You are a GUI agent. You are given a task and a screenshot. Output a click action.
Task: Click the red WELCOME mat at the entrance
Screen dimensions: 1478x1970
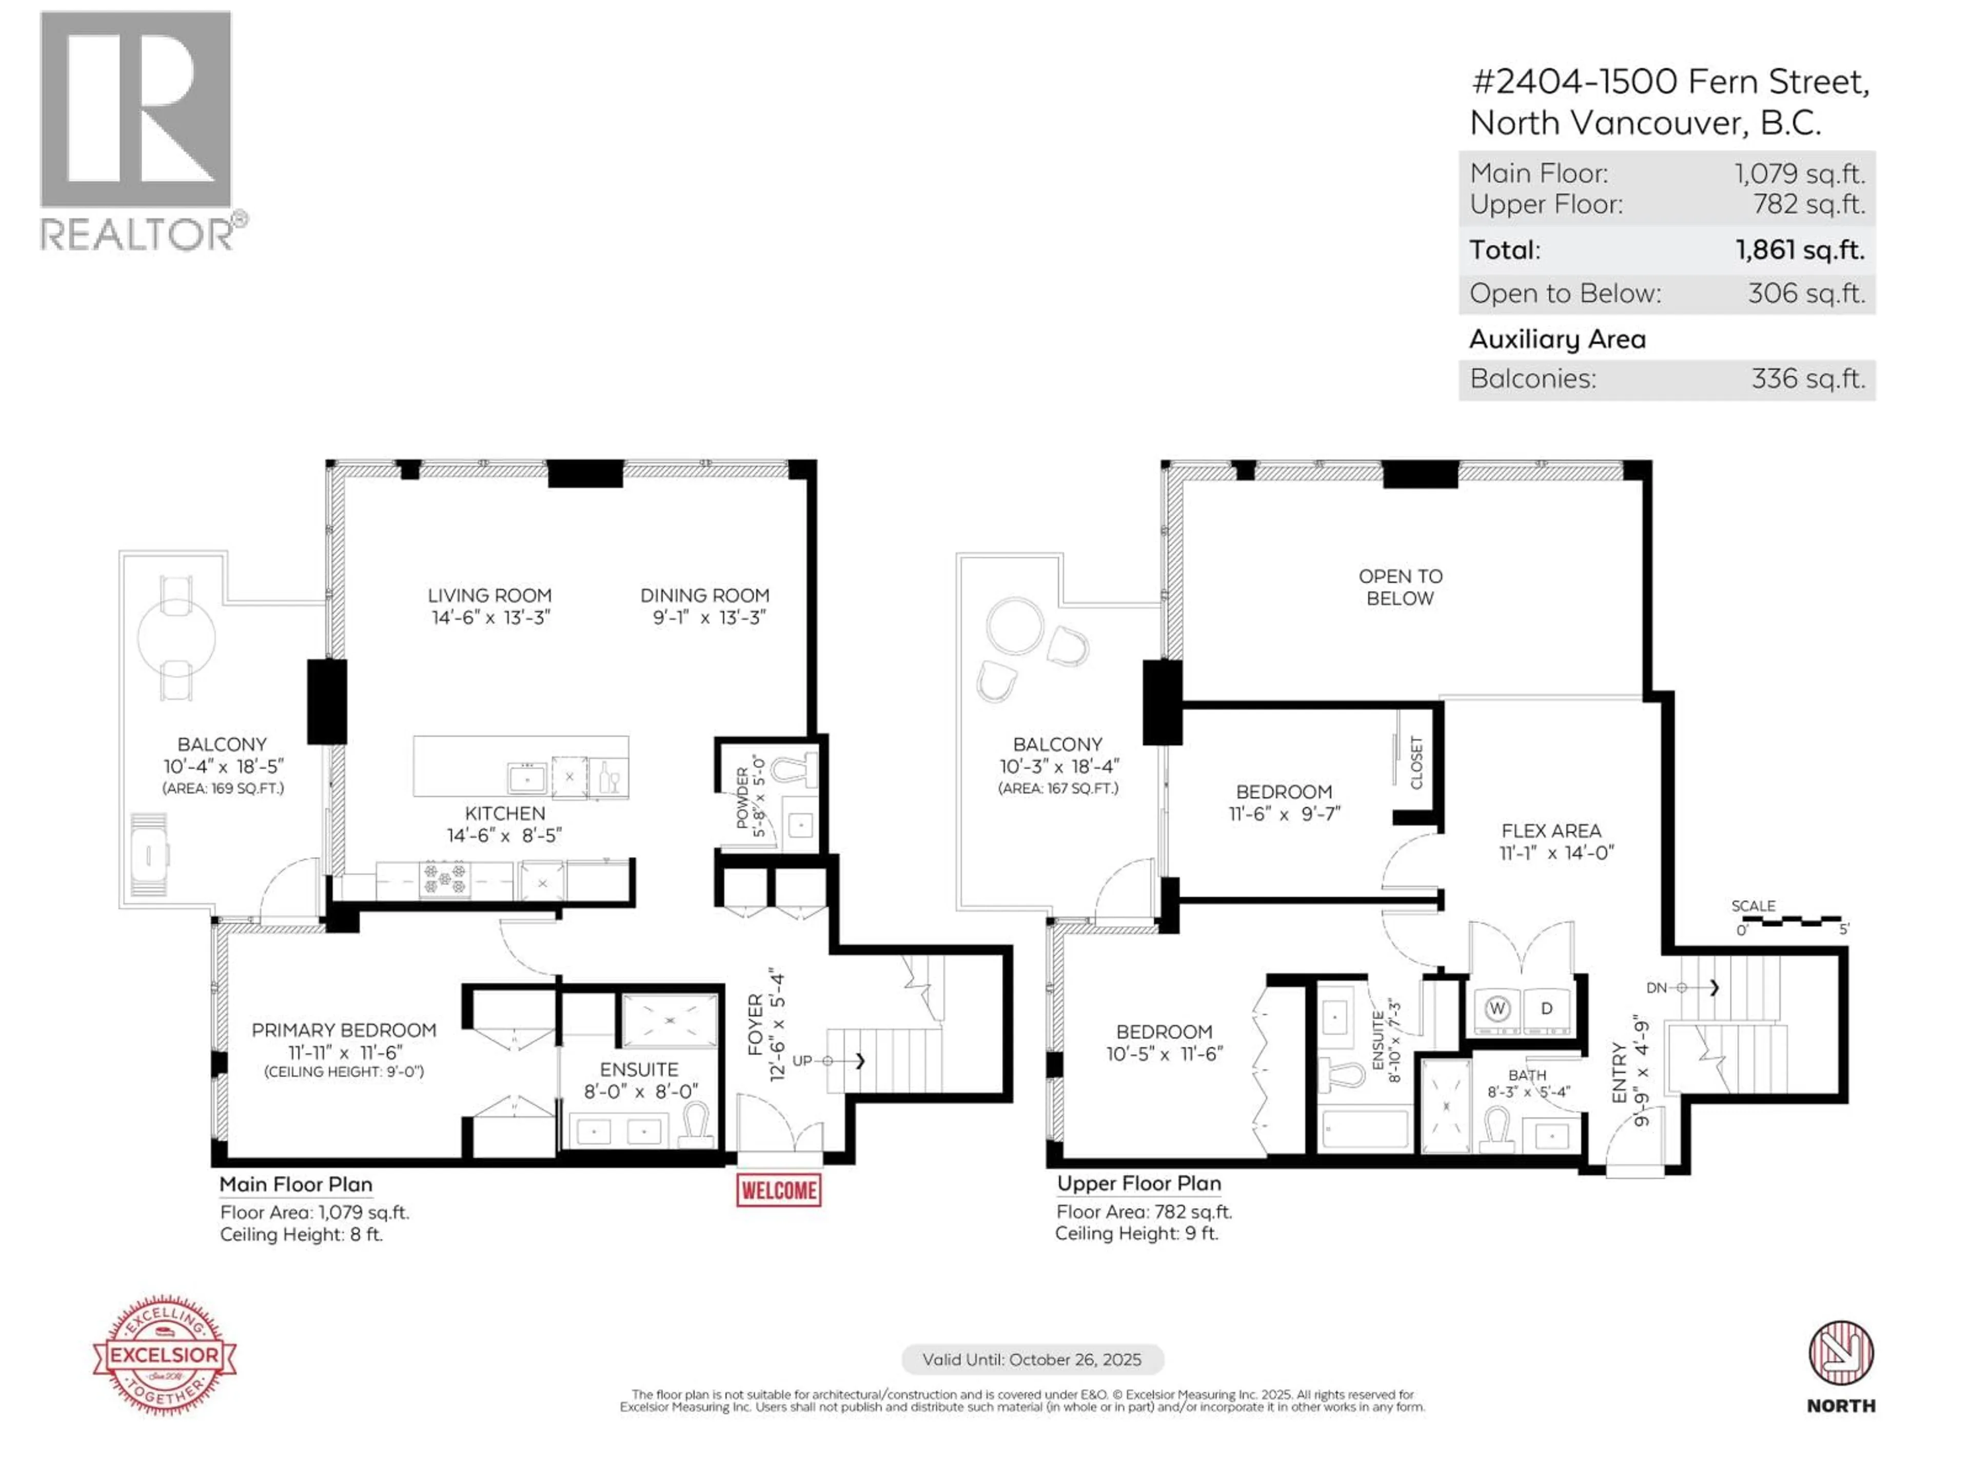click(x=778, y=1190)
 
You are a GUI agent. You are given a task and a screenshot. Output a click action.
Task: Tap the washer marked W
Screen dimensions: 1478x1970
click(x=1497, y=1008)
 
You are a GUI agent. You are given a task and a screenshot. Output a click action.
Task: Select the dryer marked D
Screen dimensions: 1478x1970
click(x=1547, y=1008)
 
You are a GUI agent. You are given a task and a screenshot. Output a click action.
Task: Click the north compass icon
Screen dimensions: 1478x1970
click(x=1840, y=1353)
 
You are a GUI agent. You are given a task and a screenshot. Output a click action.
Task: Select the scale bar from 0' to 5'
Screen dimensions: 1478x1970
click(x=1790, y=920)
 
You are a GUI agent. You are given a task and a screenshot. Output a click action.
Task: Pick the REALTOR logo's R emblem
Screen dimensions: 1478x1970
click(x=136, y=110)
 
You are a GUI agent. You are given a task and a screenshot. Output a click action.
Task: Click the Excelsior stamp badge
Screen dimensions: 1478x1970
click(x=165, y=1354)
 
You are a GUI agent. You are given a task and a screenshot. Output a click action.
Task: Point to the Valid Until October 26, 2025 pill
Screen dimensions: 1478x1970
click(x=1032, y=1359)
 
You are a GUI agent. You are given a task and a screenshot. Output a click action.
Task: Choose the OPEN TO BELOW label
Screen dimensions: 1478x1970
click(x=1400, y=587)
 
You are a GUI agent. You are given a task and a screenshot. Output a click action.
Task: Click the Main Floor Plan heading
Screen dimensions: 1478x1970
click(x=295, y=1184)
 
